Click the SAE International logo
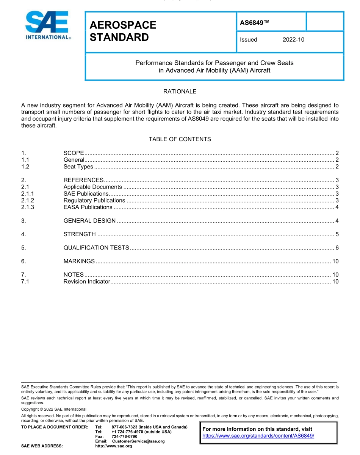point(47,25)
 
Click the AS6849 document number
point(254,23)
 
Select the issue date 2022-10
point(293,40)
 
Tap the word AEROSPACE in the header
point(123,25)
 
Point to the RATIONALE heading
point(180,92)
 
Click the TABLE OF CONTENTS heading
point(180,139)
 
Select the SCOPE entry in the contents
point(74,153)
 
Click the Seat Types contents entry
point(78,167)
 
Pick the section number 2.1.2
point(28,200)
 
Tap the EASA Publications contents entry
point(88,207)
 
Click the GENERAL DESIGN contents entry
point(89,221)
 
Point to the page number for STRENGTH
point(337,234)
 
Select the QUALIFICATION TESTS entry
point(96,248)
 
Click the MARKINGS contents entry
point(79,261)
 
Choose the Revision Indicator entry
point(86,281)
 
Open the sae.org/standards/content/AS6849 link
point(258,435)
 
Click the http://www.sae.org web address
point(113,446)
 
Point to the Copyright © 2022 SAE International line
point(54,409)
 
